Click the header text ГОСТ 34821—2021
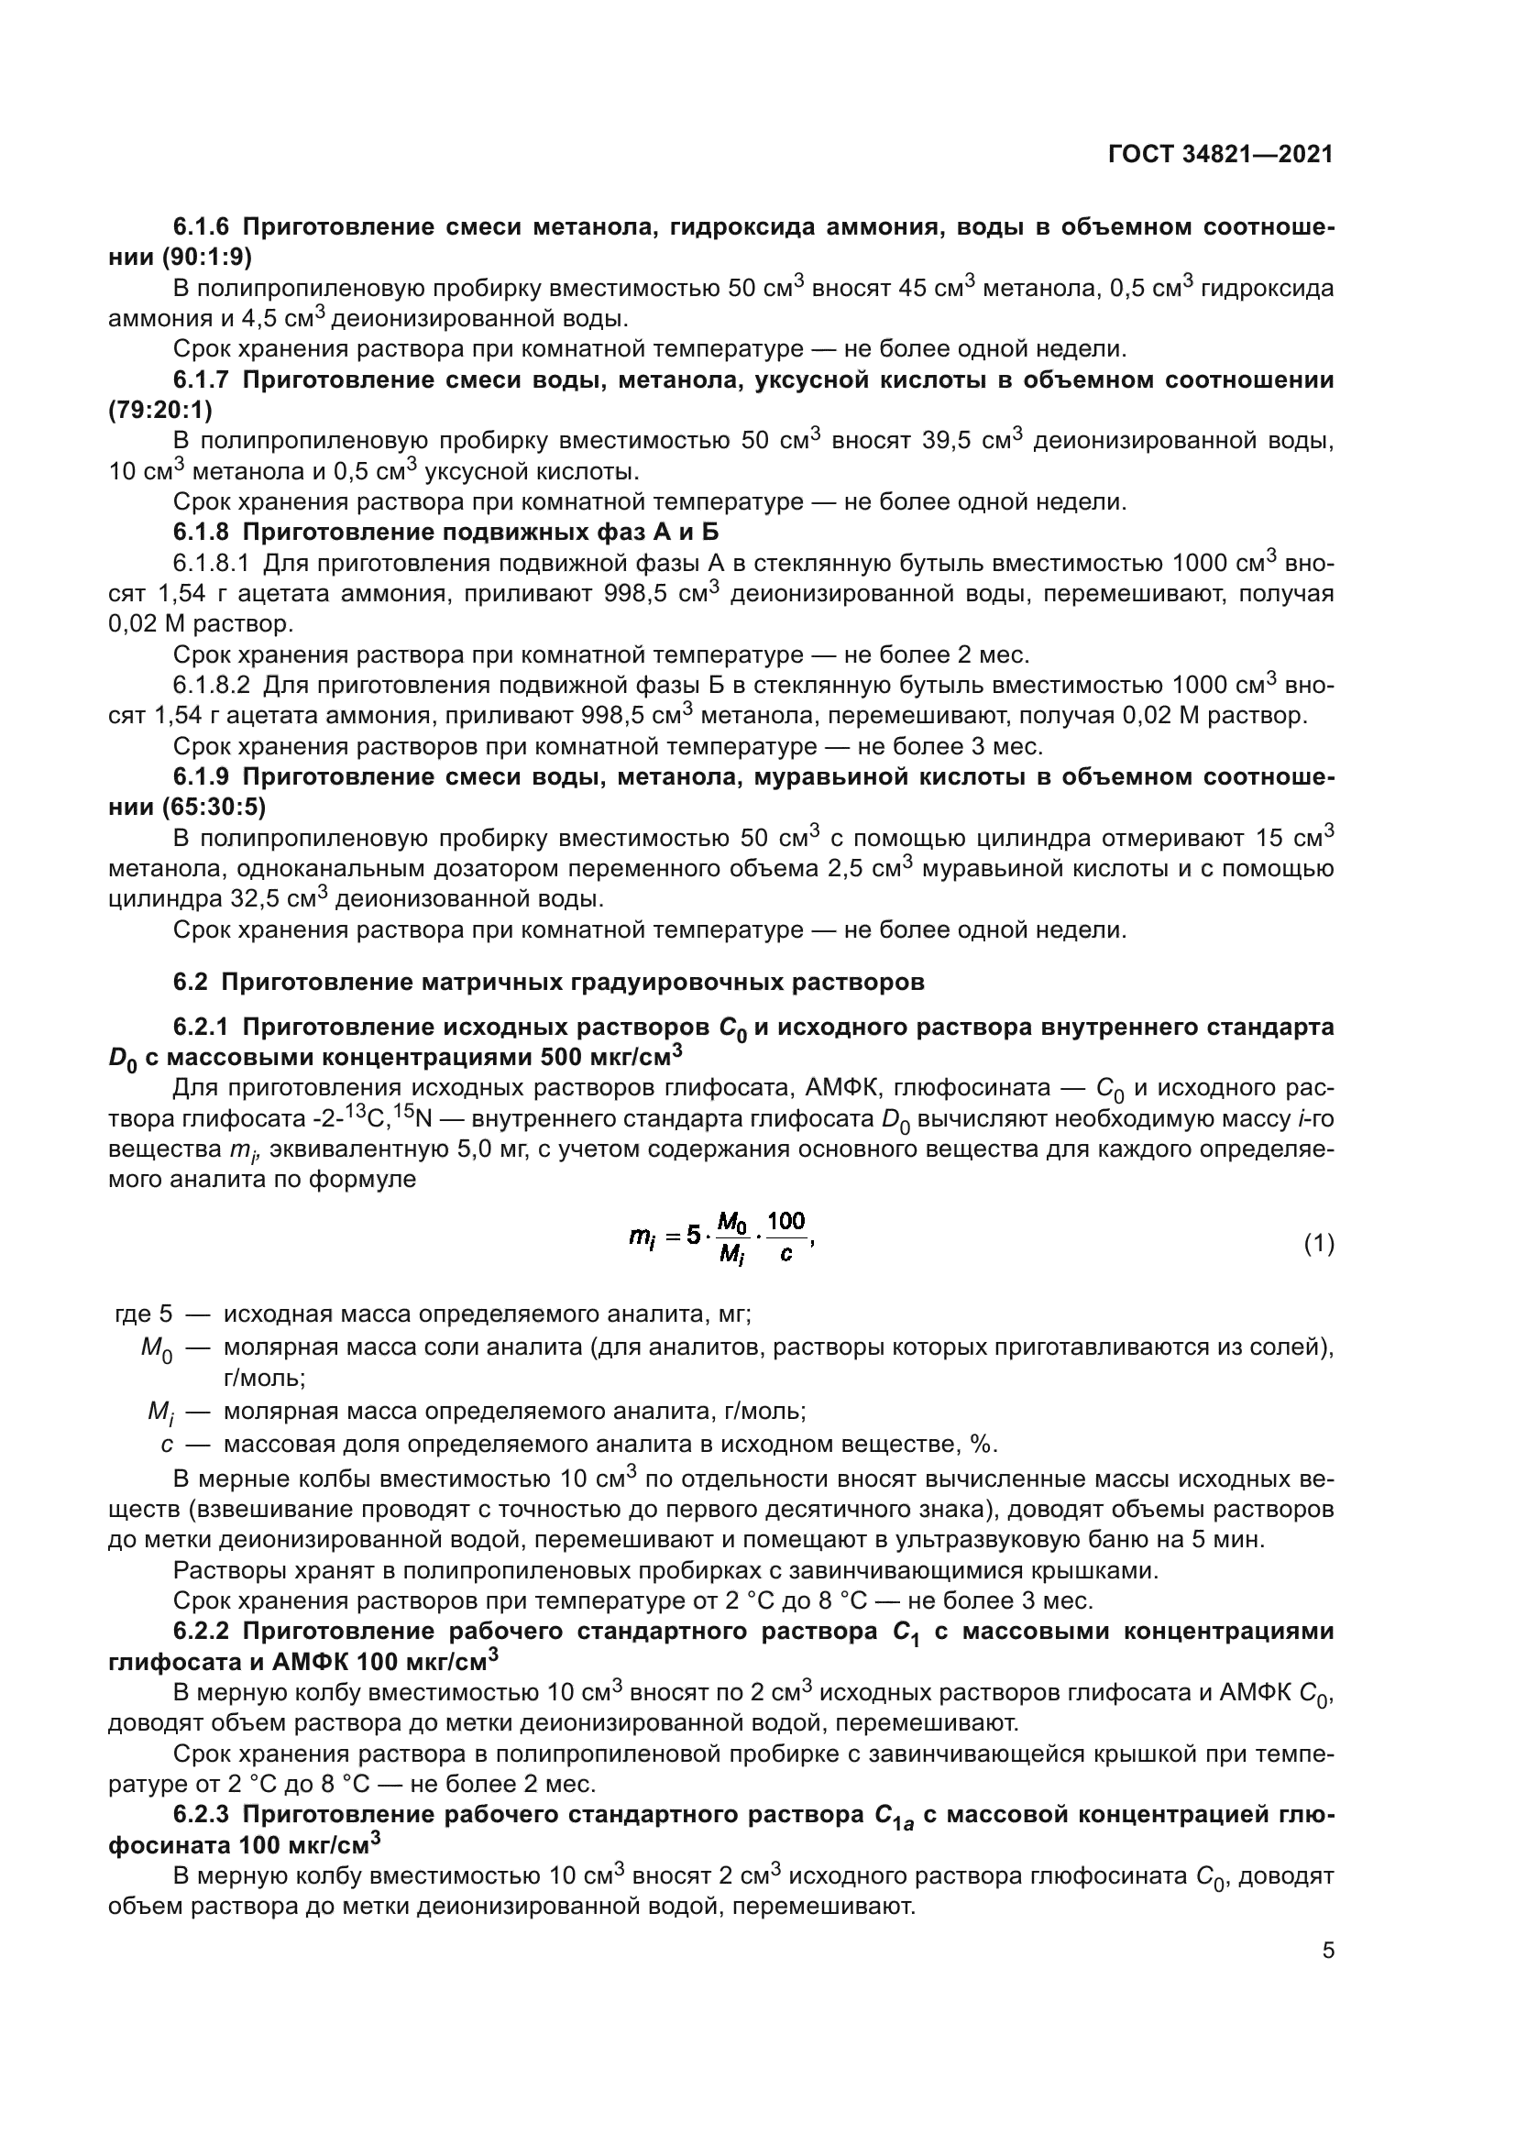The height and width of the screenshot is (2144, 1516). coord(1220,154)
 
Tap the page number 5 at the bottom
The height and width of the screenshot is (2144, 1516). coord(1327,1951)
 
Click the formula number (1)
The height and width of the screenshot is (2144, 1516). coord(1318,1244)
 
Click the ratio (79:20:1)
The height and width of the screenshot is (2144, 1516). coord(160,410)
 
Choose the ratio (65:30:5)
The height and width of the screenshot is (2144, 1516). coord(213,806)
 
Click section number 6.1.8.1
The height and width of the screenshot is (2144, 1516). coord(212,563)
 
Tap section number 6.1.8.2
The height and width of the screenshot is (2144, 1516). coord(212,685)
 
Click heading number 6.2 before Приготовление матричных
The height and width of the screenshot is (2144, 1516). coord(192,983)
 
